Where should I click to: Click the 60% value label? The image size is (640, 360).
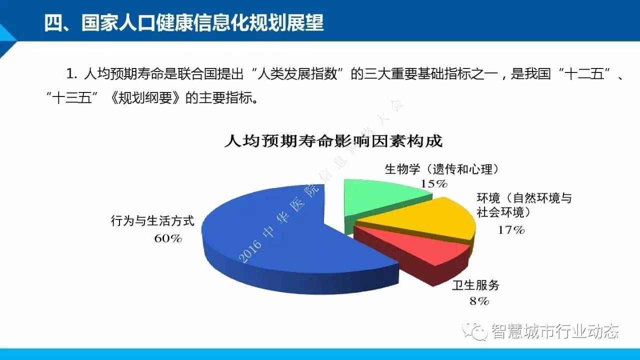tap(168, 238)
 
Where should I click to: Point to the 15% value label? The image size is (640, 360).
tap(434, 183)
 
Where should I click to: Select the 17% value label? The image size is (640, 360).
tap(511, 230)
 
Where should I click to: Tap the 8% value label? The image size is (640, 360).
tap(479, 301)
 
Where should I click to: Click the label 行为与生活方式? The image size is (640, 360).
tap(152, 221)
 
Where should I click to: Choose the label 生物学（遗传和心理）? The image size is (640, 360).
tap(442, 169)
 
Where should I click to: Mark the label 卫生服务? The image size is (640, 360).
tap(475, 285)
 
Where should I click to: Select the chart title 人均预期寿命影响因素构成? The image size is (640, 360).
tap(333, 141)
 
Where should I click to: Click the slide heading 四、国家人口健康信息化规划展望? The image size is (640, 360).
tap(183, 23)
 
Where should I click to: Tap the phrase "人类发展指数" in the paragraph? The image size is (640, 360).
tap(297, 73)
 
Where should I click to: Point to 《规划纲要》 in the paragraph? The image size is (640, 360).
tap(145, 98)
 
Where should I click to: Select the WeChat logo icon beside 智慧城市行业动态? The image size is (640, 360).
tap(475, 331)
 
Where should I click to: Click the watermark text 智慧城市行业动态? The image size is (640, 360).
tap(555, 331)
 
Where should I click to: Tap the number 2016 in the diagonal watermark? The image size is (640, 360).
tap(249, 251)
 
